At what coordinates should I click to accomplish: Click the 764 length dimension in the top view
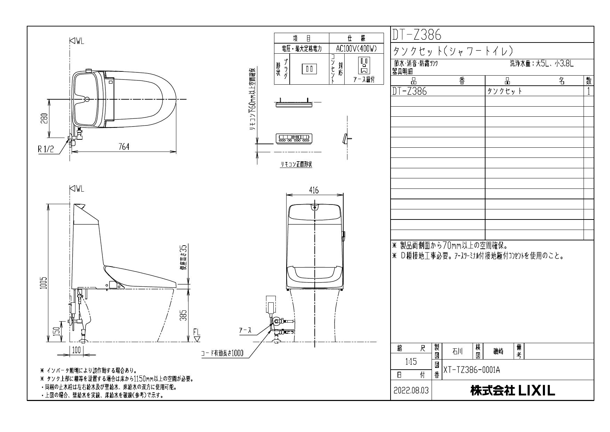click(123, 147)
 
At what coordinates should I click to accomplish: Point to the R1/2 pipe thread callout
click(46, 149)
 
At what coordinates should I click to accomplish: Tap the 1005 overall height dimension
click(43, 286)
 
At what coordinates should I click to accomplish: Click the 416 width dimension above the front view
click(314, 190)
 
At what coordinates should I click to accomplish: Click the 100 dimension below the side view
click(76, 349)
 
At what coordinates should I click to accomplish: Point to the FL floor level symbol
click(197, 335)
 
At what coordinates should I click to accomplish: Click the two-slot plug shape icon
click(309, 69)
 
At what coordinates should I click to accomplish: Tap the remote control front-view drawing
click(294, 138)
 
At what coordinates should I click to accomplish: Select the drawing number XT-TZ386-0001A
click(471, 370)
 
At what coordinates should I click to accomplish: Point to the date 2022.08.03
click(411, 391)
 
